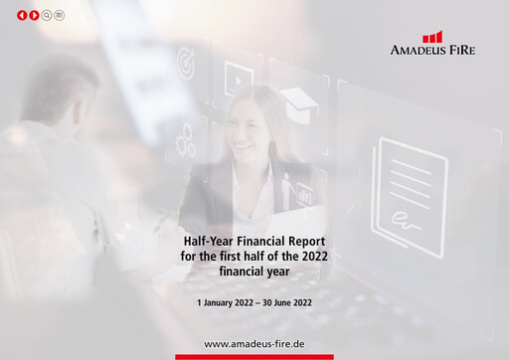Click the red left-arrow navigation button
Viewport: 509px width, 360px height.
[x=22, y=16]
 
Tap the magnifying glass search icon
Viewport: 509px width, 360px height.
[x=47, y=16]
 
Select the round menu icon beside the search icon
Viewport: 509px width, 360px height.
[x=60, y=16]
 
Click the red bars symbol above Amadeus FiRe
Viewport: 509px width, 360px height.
[x=432, y=37]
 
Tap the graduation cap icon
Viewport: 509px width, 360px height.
[x=296, y=99]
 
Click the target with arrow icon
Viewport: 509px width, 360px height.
[x=186, y=64]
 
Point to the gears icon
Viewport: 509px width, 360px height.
[x=185, y=142]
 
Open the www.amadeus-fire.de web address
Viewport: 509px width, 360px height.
[x=254, y=343]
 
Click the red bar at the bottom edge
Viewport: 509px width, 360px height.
[x=254, y=357]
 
